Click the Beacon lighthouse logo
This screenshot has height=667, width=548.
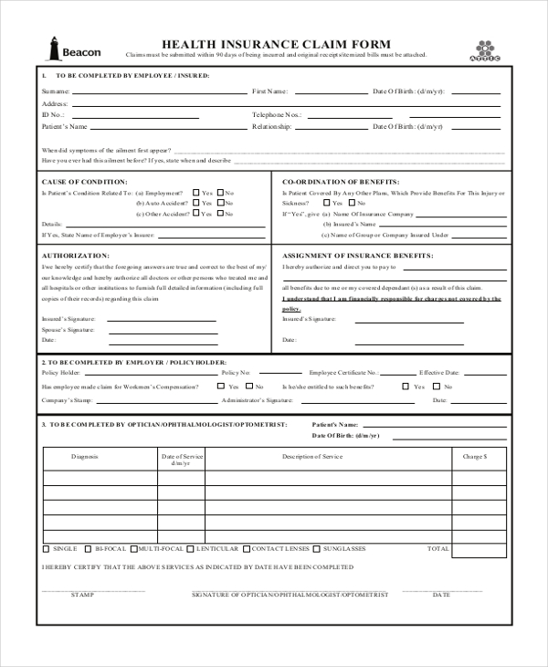pos(53,48)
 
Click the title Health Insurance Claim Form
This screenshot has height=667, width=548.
pos(276,44)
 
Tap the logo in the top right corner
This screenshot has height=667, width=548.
pos(485,49)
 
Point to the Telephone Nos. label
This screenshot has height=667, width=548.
pos(277,115)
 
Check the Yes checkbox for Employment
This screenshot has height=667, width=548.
pos(195,193)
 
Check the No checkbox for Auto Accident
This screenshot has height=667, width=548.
pos(220,203)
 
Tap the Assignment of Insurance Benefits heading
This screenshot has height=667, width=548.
pos(357,256)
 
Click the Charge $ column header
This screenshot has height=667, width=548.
pos(476,455)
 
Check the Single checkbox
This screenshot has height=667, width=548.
pos(47,549)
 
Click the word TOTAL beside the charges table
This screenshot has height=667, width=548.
pos(438,549)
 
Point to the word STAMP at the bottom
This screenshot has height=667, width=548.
pos(83,595)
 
